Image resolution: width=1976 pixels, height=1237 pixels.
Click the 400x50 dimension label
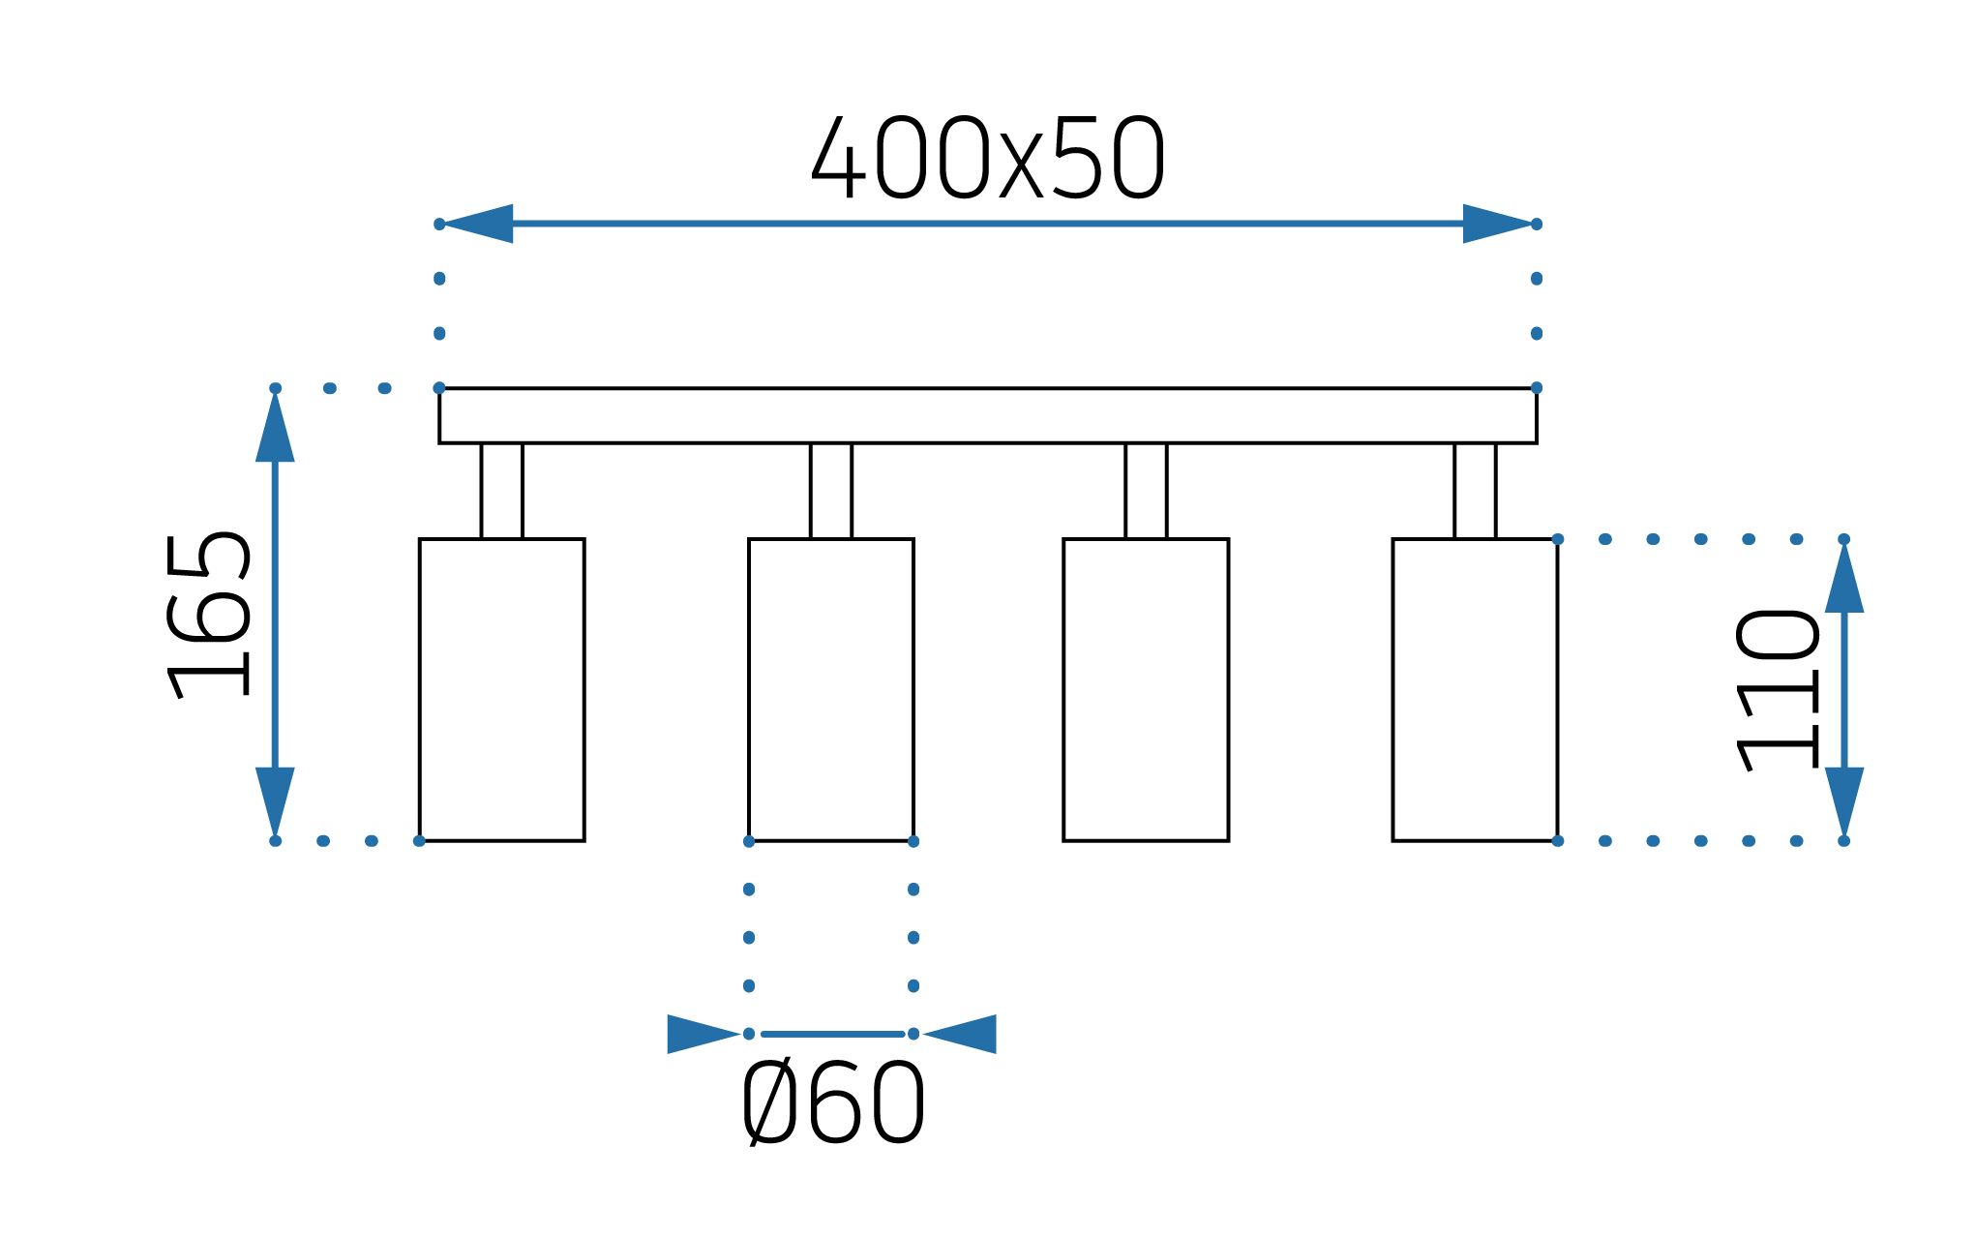(x=987, y=158)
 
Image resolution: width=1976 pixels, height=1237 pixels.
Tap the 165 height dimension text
(x=208, y=616)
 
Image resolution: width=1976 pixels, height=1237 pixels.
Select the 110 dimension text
(x=1778, y=689)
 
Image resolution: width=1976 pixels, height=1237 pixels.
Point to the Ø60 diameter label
(x=833, y=1103)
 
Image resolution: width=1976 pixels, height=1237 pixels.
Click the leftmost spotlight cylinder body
(x=501, y=689)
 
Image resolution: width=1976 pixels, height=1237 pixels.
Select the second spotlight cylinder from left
(x=830, y=689)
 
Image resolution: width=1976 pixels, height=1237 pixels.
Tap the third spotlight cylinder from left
(x=1146, y=689)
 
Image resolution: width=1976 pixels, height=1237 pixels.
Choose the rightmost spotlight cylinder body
(x=1475, y=689)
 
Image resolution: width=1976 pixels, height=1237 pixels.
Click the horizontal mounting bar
(x=987, y=416)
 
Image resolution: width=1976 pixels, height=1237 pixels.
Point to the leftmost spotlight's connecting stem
(x=501, y=491)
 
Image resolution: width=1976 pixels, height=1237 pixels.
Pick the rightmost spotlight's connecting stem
(x=1475, y=491)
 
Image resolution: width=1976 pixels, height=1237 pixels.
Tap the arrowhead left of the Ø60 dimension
(x=701, y=1034)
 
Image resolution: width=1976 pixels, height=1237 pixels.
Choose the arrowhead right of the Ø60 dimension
(x=962, y=1034)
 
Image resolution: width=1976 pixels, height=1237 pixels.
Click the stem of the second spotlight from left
(x=830, y=491)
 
